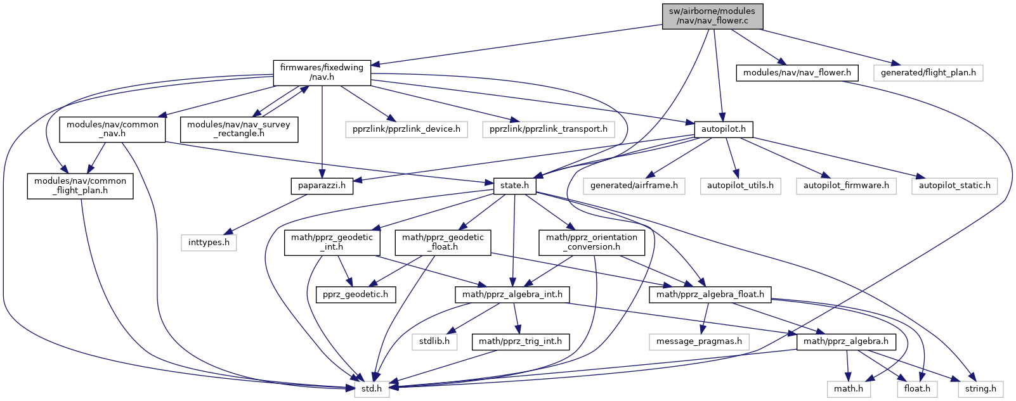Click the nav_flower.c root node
pos(712,16)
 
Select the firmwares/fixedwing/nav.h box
pos(322,72)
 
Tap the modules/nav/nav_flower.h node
pos(797,73)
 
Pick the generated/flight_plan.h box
pos(928,73)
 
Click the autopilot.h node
pos(723,129)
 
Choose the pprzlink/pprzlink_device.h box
pos(407,129)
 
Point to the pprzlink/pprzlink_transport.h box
pos(548,129)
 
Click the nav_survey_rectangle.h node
pos(238,129)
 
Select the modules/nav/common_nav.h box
pos(112,129)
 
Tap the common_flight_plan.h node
pos(80,186)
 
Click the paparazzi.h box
pos(322,186)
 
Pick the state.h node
pos(514,186)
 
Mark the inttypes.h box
pos(209,243)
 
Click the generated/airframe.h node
pos(634,186)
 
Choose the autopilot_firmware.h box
pos(846,186)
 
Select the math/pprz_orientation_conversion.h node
pos(592,242)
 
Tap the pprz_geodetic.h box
pos(355,295)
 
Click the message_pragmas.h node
pos(699,341)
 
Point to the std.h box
pos(371,388)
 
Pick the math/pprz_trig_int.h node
pos(520,341)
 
